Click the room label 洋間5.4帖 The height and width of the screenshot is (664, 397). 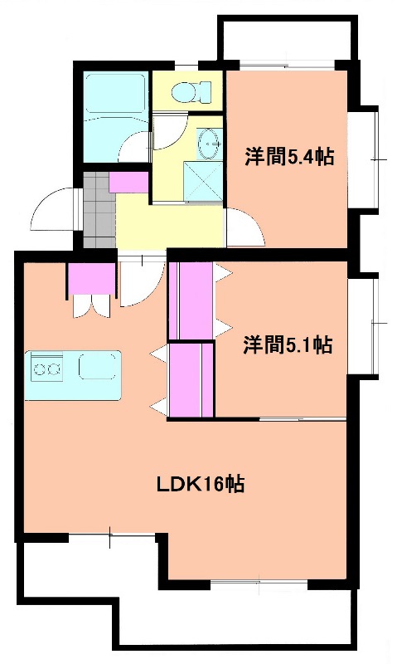tap(289, 157)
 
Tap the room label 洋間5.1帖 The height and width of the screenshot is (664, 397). tap(288, 344)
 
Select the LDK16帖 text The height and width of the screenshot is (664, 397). tap(201, 485)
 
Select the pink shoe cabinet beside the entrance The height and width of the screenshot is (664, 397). tap(128, 181)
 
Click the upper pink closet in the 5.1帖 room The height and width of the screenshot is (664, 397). tap(191, 300)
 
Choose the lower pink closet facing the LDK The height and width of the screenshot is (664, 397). tap(191, 379)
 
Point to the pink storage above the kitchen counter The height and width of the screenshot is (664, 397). tap(90, 277)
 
